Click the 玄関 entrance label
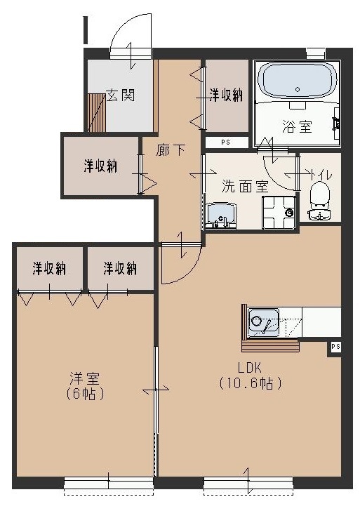(121, 95)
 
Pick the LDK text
(250, 368)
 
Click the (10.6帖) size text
(250, 383)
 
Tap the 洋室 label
(83, 378)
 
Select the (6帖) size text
(83, 394)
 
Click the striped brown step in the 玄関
(95, 112)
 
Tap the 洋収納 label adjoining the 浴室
(226, 95)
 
